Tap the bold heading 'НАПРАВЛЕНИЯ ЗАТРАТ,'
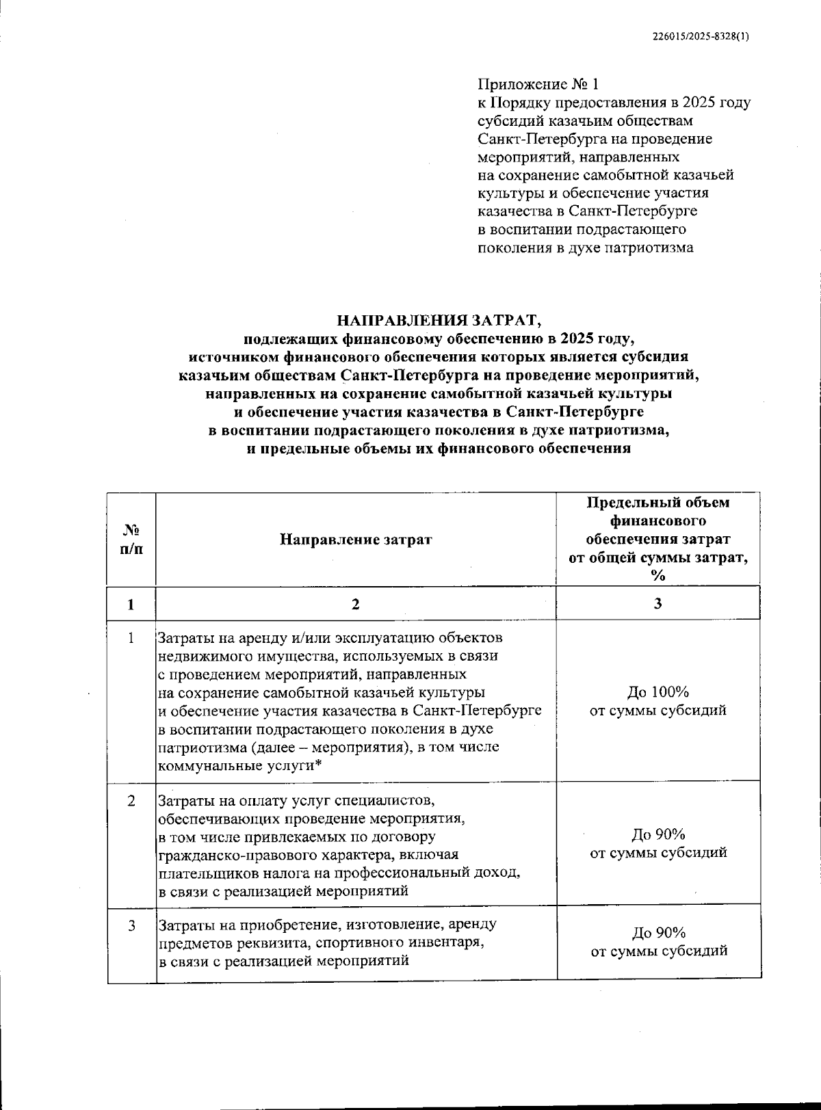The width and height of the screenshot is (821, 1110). [x=439, y=319]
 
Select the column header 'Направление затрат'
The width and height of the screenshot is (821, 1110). [x=356, y=539]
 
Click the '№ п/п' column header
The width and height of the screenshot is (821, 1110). [x=131, y=539]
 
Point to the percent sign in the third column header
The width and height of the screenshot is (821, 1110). [x=657, y=576]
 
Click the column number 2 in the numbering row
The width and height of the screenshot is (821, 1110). [x=355, y=604]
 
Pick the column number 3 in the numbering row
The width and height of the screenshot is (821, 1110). [x=657, y=604]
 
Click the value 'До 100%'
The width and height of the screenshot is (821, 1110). [x=657, y=691]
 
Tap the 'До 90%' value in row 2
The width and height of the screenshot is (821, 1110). [x=657, y=834]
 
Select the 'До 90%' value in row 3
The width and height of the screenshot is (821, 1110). [x=657, y=933]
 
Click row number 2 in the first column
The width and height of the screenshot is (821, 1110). [x=131, y=800]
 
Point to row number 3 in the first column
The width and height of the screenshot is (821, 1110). [x=131, y=925]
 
